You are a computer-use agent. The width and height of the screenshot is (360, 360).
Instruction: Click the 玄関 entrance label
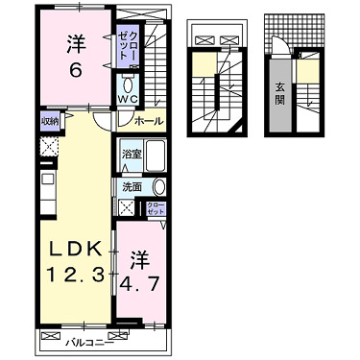point(279,94)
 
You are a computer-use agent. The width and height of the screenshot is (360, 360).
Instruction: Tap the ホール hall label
point(149,121)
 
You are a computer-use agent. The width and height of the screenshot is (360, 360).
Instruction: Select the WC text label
point(128,99)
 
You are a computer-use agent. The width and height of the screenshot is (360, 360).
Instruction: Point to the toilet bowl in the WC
point(128,85)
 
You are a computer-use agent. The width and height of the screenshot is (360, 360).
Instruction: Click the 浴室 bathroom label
point(132,154)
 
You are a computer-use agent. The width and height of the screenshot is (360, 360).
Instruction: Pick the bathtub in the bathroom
point(156,156)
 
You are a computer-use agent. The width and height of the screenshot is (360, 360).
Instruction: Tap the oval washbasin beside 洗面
point(159,187)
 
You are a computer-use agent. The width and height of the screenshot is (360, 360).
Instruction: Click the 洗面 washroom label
point(132,187)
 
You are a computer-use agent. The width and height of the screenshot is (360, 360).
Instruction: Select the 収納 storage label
point(49,121)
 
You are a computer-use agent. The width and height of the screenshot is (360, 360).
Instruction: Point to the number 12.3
point(75,276)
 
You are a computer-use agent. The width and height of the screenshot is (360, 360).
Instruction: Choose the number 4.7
point(139,283)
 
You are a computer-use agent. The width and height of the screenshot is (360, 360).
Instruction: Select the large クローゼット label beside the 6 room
point(128,45)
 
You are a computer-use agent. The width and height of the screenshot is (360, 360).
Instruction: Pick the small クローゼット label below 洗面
point(156,208)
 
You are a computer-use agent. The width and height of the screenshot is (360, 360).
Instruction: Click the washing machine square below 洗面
point(126,208)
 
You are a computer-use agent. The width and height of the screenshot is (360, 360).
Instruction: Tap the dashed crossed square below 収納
point(49,148)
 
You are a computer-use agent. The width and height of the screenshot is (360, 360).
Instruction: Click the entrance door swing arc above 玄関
point(280,43)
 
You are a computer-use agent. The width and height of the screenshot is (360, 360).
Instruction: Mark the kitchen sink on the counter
point(48,180)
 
